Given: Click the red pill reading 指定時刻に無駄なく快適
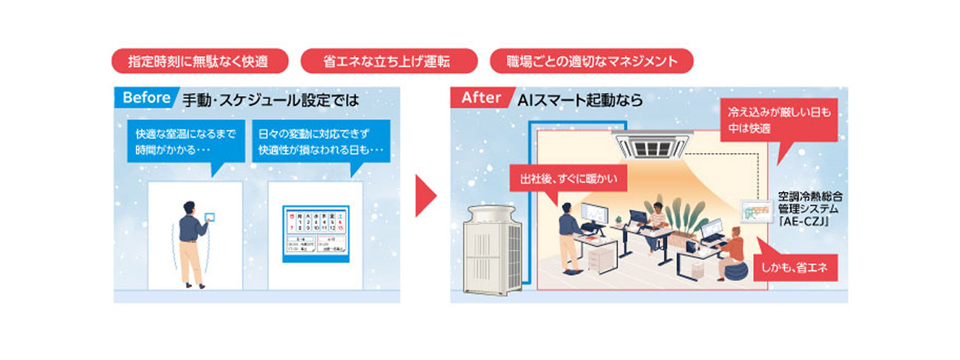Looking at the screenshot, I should (x=199, y=61).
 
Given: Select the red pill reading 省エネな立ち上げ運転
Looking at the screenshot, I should (x=388, y=61).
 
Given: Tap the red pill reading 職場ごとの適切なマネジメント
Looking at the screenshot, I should (x=591, y=61).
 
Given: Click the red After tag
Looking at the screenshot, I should (x=481, y=98).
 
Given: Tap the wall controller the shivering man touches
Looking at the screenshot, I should (x=209, y=217).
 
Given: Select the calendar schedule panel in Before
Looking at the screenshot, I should (x=315, y=233).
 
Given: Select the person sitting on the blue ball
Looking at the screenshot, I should (x=731, y=255).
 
